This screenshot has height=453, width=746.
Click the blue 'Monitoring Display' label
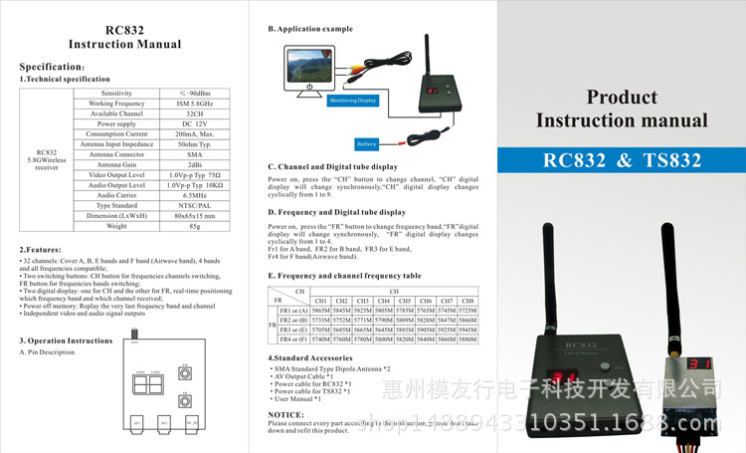tap(352, 100)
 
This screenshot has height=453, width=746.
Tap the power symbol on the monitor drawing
tap(310, 87)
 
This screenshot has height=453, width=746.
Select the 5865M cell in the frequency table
tap(320, 311)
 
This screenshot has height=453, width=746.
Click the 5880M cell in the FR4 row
tap(467, 340)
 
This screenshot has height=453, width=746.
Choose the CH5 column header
tap(404, 300)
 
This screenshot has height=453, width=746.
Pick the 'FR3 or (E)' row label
tap(293, 330)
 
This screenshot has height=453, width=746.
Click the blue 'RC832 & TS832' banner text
tap(622, 160)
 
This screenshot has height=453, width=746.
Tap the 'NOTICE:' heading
tap(286, 414)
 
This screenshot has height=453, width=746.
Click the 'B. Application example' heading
tap(310, 29)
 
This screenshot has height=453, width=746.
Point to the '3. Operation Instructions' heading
tap(66, 340)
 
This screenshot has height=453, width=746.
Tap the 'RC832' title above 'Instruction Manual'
tap(124, 29)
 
